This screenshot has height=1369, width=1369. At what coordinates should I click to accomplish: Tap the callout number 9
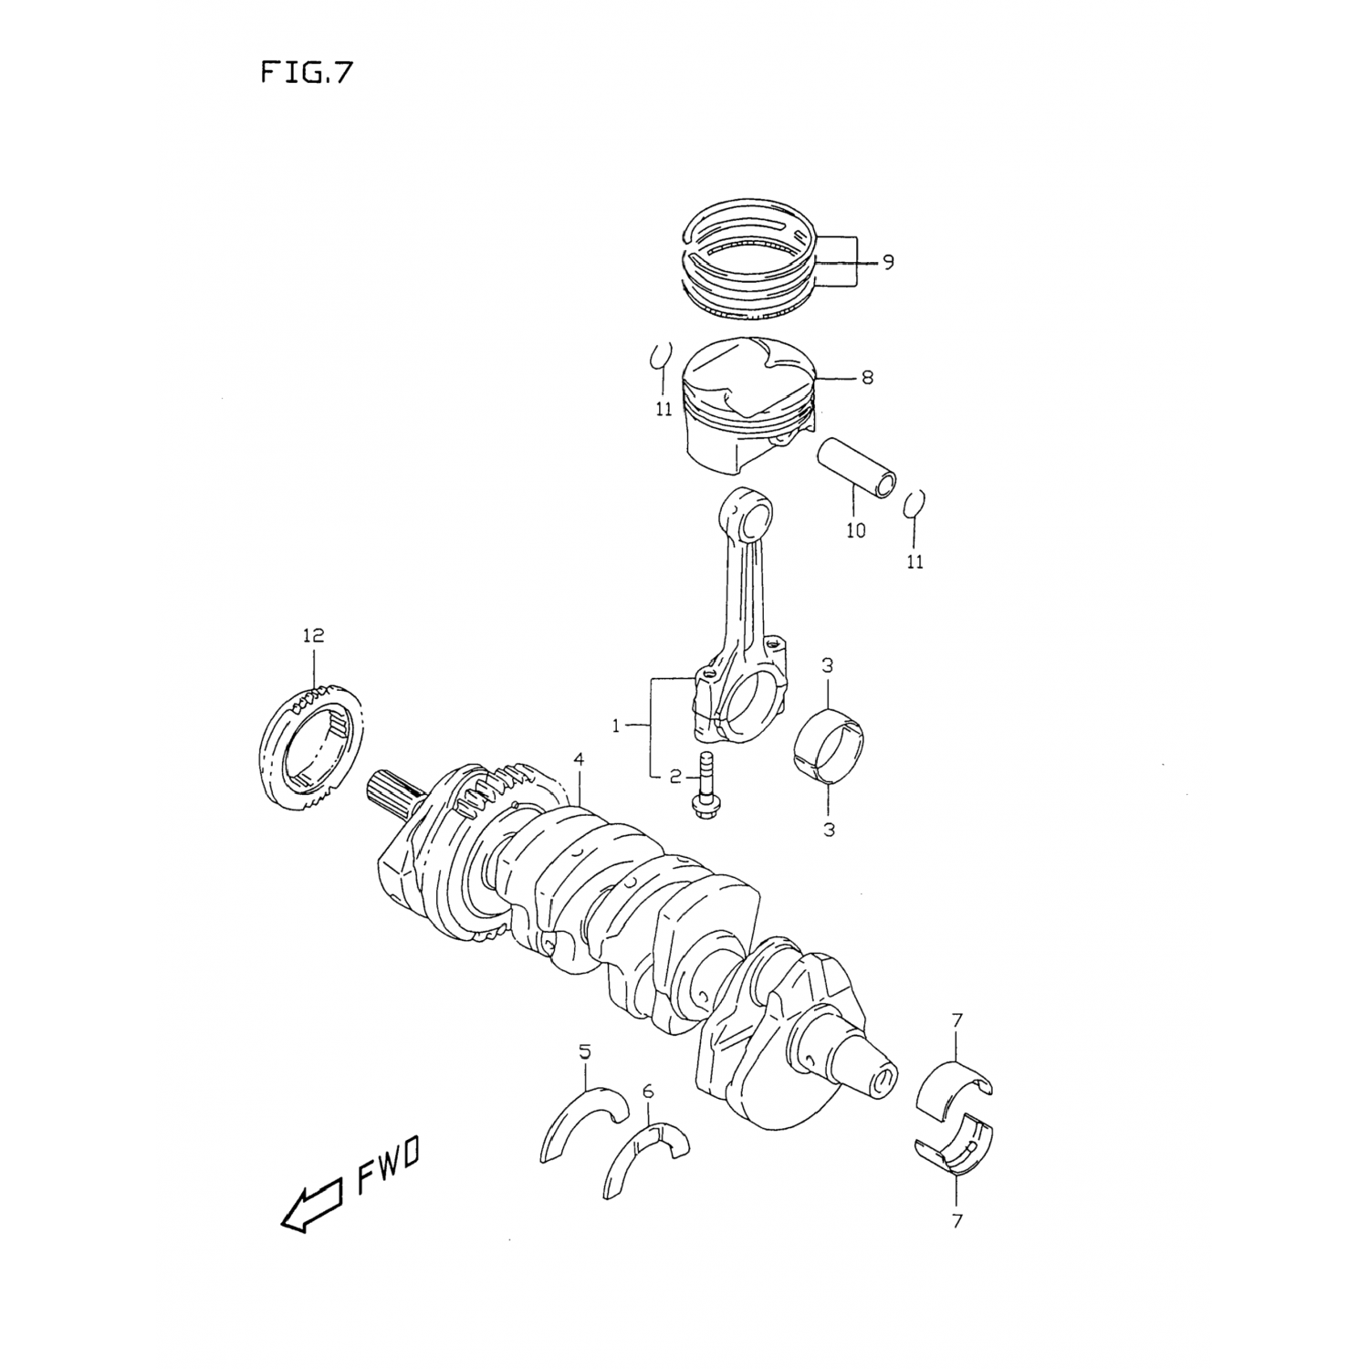pos(887,263)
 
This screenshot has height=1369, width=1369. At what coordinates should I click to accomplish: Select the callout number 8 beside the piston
pos(866,376)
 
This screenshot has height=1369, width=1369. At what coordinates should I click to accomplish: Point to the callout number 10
pos(855,530)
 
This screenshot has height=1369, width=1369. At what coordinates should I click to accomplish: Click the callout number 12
pos(312,635)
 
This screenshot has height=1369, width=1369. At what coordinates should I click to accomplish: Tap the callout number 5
pos(584,1052)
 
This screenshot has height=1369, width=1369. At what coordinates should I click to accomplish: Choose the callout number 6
pos(648,1091)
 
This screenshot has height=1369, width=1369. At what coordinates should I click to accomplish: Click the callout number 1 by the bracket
pos(616,726)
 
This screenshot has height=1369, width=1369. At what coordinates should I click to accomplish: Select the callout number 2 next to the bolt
pos(675,777)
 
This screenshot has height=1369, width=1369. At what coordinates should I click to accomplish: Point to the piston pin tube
pos(858,467)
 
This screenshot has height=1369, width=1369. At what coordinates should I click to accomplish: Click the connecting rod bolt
pos(704,786)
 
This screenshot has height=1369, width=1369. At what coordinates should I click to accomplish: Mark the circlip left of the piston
pos(661,358)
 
